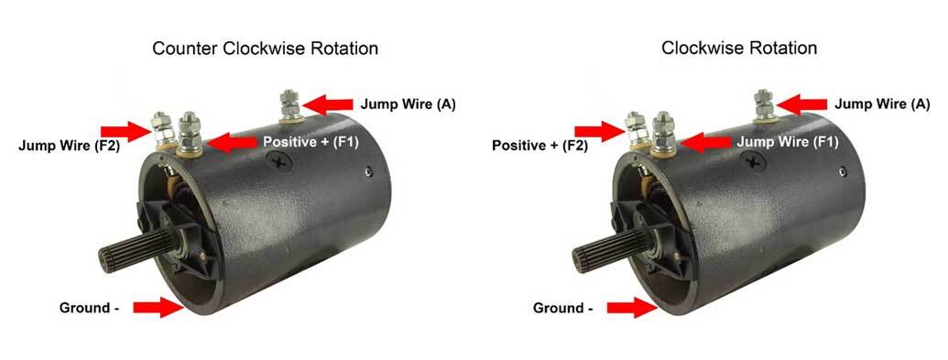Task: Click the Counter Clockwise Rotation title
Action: click(x=265, y=48)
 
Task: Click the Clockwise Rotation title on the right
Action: click(x=739, y=48)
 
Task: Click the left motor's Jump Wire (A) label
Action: click(x=408, y=104)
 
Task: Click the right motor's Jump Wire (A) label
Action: click(x=883, y=104)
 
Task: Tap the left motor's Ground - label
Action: click(x=90, y=308)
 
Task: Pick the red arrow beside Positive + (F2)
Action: click(x=601, y=131)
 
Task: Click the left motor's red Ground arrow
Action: click(x=158, y=308)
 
